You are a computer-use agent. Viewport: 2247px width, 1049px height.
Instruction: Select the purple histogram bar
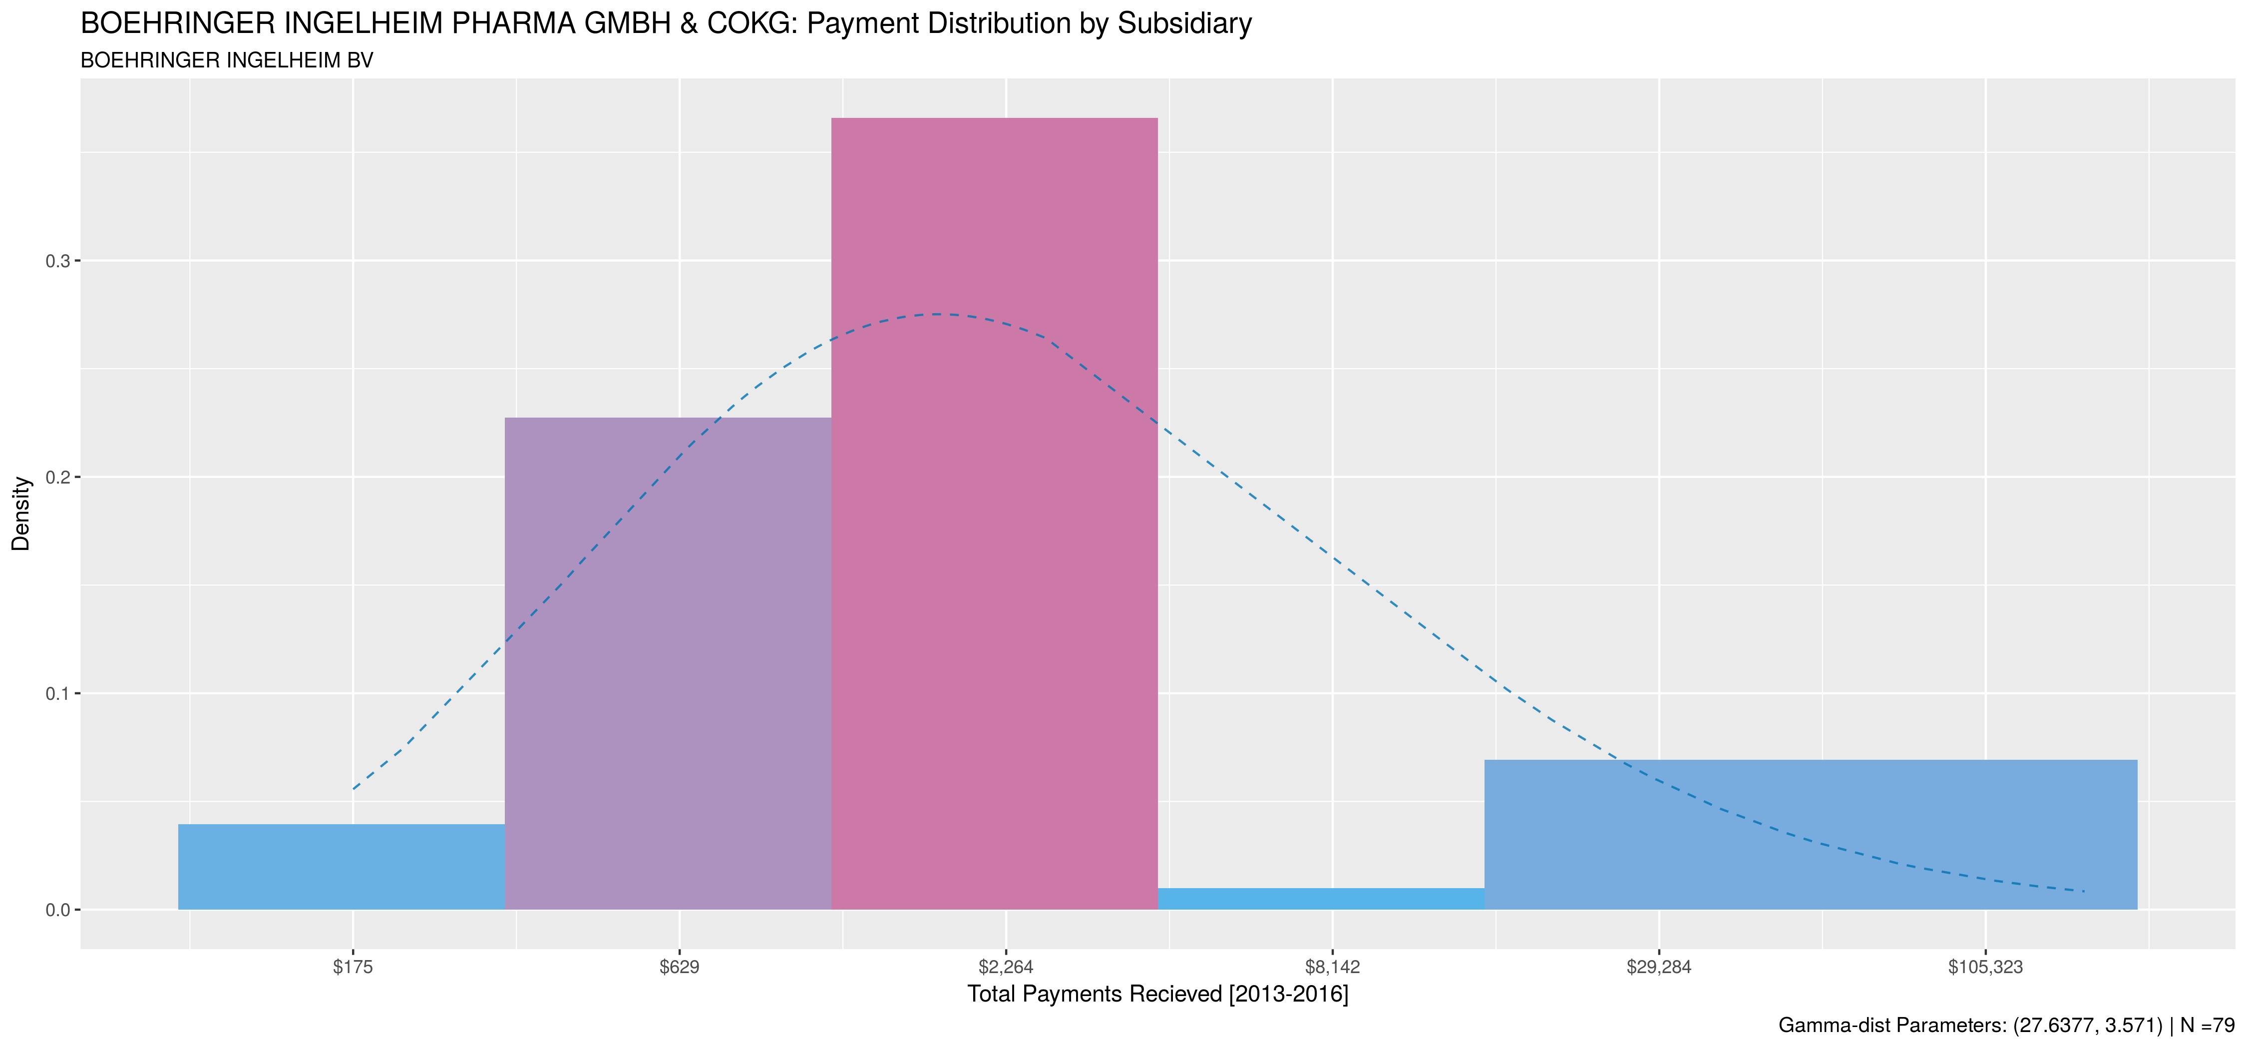point(668,663)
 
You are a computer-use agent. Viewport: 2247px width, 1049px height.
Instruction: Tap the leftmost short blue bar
point(341,867)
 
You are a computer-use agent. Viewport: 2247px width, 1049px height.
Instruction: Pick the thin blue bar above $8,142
point(1321,899)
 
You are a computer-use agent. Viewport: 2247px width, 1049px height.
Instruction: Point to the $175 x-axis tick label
point(353,967)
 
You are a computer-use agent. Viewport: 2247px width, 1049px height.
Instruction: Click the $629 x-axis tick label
point(680,967)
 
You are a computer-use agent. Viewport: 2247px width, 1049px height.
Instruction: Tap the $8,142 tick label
point(1332,967)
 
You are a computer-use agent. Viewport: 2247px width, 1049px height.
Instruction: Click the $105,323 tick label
point(1985,967)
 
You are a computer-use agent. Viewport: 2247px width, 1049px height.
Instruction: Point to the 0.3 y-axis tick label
point(57,262)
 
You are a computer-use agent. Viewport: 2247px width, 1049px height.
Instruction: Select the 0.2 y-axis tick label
point(57,478)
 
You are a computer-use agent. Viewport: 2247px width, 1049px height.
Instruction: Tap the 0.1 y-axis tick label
point(57,694)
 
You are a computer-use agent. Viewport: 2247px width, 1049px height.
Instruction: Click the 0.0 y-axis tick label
point(57,910)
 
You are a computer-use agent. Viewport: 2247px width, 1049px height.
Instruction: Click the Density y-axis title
point(21,513)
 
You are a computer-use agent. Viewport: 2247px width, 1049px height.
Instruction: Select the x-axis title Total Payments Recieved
point(1157,994)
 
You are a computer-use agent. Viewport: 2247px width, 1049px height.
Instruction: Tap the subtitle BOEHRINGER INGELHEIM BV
point(227,60)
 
